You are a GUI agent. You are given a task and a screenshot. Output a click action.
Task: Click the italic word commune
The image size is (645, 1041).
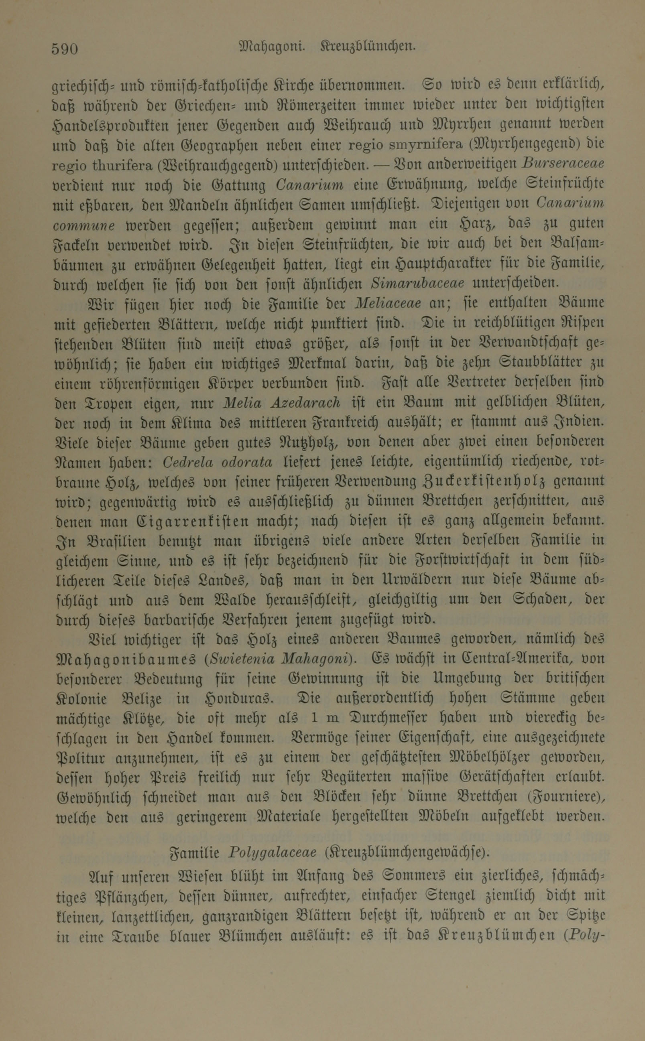[x=84, y=225]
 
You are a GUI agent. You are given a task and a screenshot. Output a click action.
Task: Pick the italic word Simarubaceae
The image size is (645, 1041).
[x=418, y=283]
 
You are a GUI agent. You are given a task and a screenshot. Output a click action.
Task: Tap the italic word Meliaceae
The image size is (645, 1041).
[x=388, y=303]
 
